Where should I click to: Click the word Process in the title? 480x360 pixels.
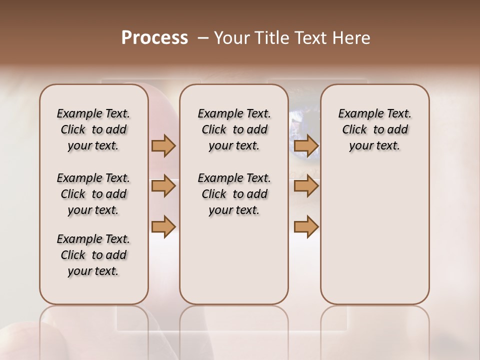[154, 38]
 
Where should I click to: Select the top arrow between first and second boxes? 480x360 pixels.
[163, 145]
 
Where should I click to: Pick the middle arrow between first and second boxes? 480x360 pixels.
[163, 186]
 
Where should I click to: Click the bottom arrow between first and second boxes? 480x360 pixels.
[163, 226]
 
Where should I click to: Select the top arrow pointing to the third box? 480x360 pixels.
[306, 145]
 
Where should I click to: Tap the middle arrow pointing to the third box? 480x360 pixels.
[306, 186]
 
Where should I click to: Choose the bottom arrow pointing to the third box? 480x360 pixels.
[306, 226]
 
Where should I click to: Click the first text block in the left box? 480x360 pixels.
[93, 129]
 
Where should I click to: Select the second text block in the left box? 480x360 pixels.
[93, 194]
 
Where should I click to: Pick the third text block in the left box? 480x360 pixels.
[93, 255]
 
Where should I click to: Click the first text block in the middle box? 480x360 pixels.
[234, 129]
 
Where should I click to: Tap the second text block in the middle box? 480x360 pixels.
[234, 194]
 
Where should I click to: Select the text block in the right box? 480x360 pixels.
[374, 129]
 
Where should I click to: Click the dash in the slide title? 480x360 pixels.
[203, 38]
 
